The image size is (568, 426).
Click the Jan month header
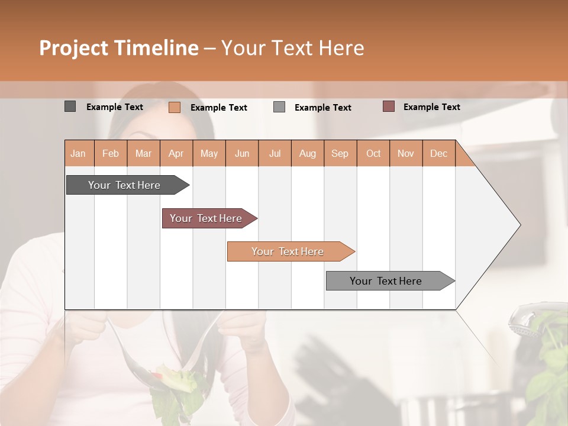(78, 153)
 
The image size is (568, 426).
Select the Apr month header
(176, 153)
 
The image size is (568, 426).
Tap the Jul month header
(275, 153)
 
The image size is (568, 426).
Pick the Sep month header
(340, 153)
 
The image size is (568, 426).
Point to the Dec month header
(438, 153)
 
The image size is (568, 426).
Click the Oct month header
(373, 153)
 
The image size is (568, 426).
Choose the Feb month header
(111, 153)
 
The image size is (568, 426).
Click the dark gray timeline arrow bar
(124, 185)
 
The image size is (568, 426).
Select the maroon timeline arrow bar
(206, 218)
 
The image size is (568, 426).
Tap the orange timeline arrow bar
(288, 251)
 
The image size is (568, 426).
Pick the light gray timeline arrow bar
(386, 281)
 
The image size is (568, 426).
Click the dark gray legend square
(70, 106)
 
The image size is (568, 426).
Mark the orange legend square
(174, 107)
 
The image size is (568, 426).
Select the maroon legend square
(388, 106)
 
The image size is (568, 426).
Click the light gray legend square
(279, 107)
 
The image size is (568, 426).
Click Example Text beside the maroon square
(431, 107)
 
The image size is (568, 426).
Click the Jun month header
(242, 153)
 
